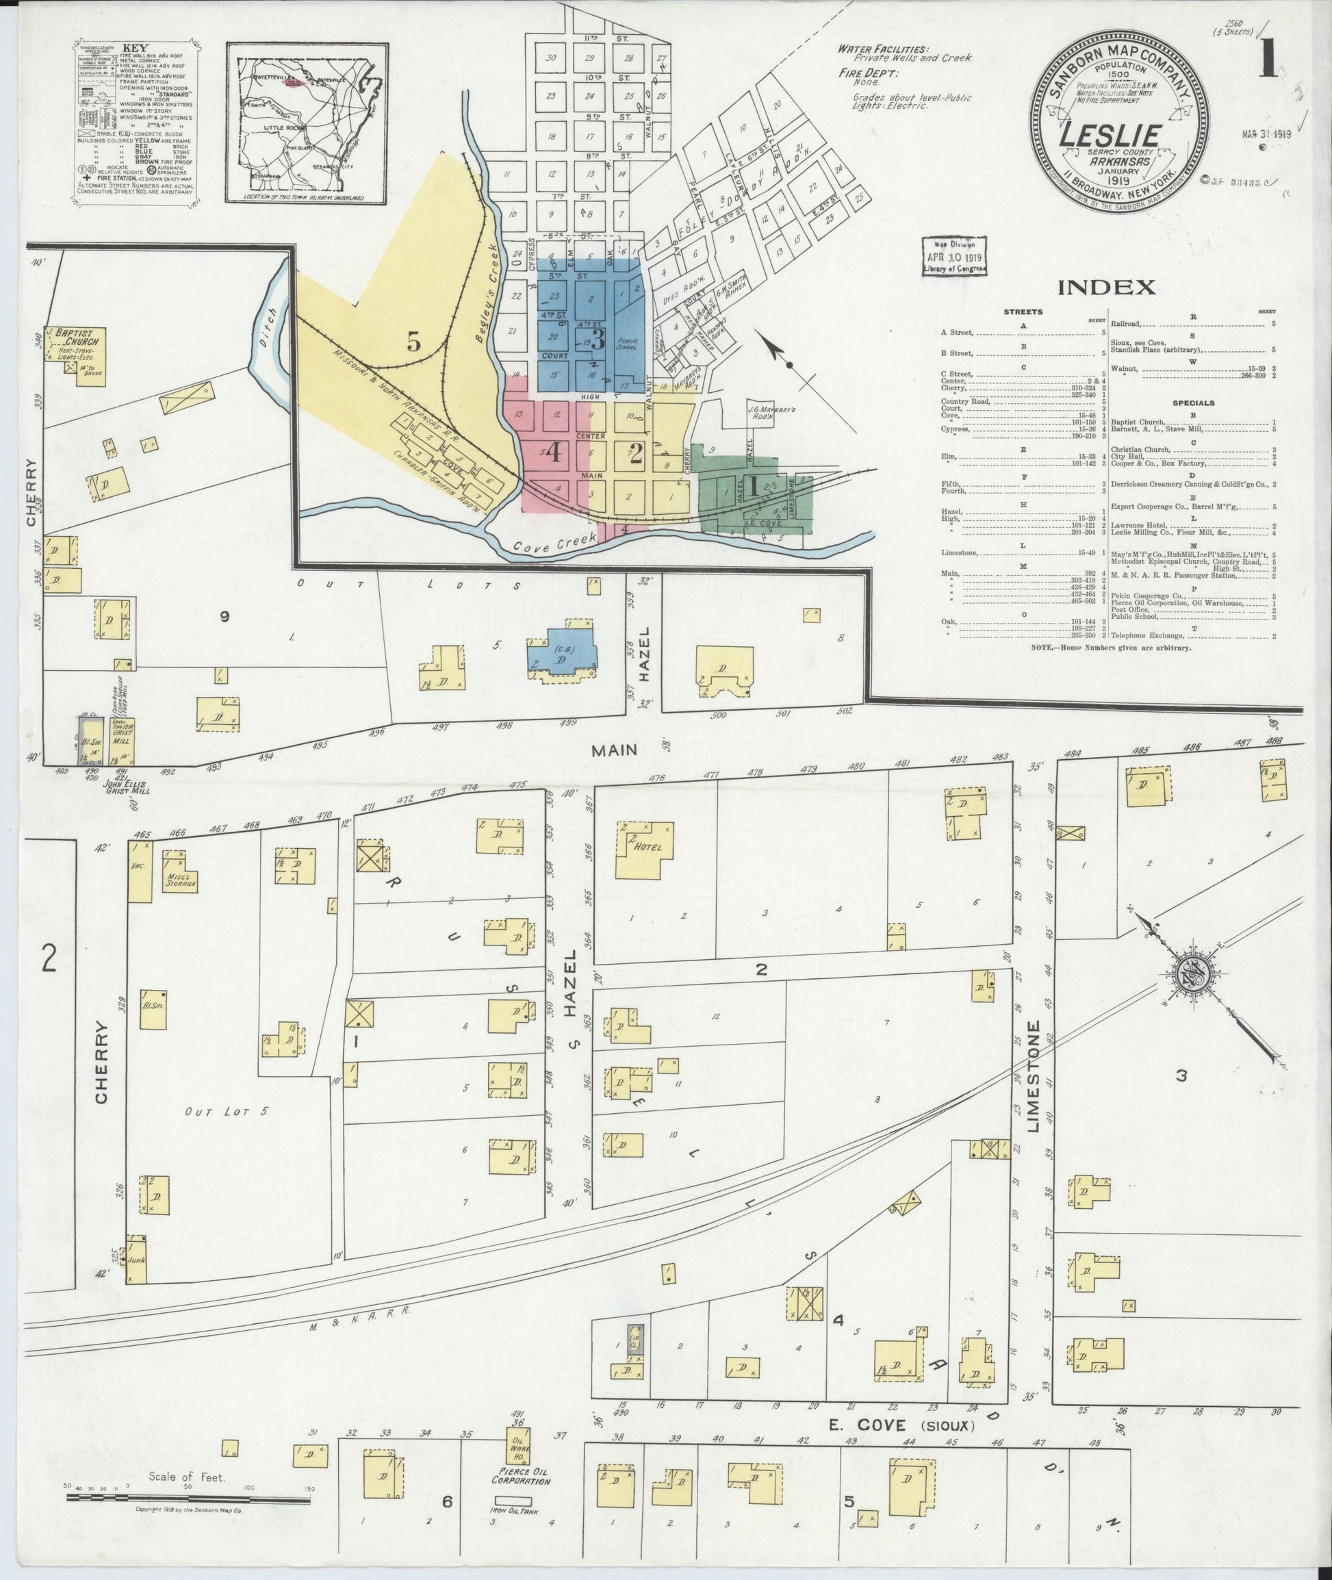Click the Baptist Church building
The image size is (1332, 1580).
[x=76, y=350]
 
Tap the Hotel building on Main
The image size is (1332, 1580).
[x=643, y=849]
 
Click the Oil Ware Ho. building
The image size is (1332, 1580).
[x=520, y=1446]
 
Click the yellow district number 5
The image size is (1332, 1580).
[x=413, y=343]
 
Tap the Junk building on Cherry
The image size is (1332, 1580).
[x=137, y=1260]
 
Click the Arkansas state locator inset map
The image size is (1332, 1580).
[x=306, y=123]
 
